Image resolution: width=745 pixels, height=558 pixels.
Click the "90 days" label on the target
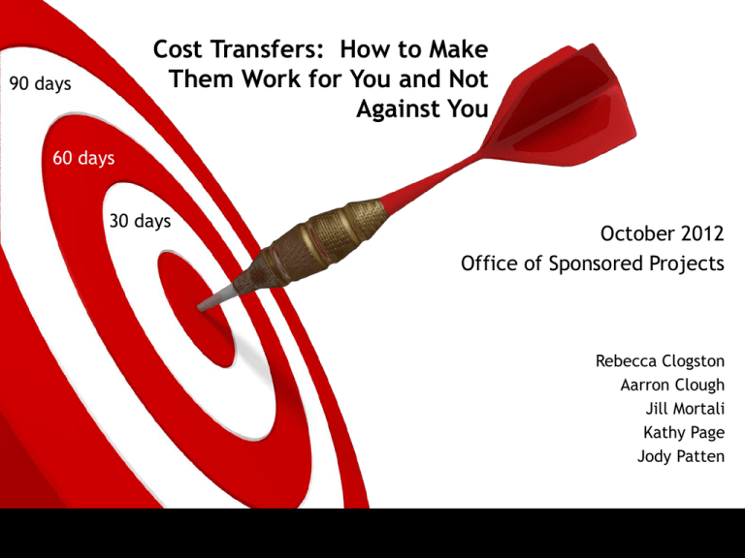(41, 83)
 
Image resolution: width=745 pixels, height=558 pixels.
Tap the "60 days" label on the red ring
(83, 158)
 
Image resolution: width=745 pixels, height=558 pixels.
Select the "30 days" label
(140, 221)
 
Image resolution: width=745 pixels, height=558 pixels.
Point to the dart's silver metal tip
(216, 298)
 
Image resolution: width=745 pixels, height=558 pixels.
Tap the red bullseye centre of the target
(195, 308)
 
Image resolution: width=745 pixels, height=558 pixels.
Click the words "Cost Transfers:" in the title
(238, 49)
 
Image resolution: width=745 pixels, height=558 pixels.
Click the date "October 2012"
(662, 233)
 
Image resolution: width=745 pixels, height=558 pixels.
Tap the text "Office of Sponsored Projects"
(593, 263)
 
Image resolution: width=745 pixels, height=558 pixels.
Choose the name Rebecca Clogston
(660, 361)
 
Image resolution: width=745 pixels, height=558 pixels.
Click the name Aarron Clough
(672, 385)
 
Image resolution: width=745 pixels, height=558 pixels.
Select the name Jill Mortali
(685, 409)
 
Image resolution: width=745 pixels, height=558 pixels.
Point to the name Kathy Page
(684, 432)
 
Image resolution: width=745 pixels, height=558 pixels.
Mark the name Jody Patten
(681, 456)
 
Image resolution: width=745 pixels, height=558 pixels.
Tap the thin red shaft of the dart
(433, 179)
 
